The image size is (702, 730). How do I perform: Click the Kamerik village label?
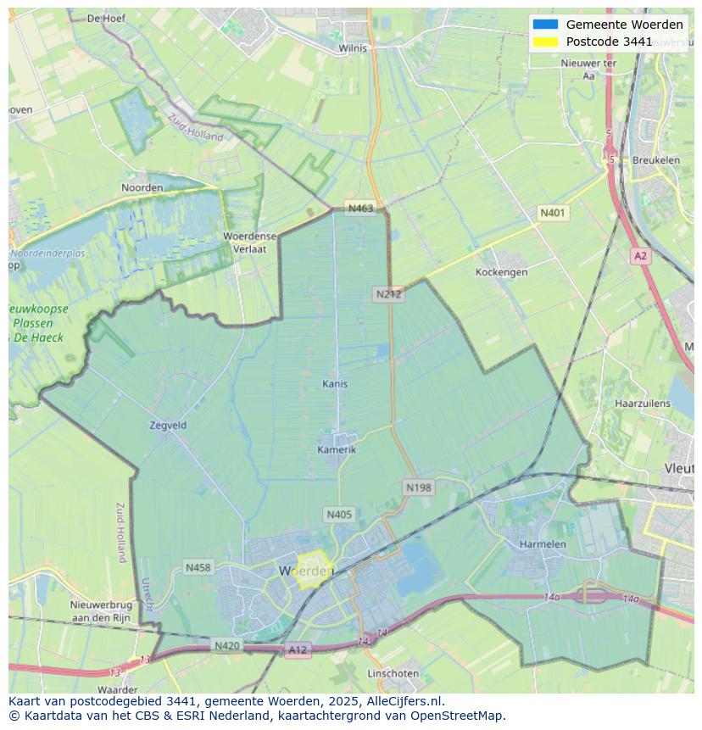click(x=337, y=449)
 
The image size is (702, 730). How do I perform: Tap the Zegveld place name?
click(x=167, y=425)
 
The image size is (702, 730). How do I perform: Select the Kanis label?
click(x=335, y=384)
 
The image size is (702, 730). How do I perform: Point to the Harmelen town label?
click(x=543, y=543)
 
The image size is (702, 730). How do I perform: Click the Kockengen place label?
click(x=501, y=272)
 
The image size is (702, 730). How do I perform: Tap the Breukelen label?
click(x=655, y=159)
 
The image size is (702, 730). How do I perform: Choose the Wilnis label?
click(x=353, y=48)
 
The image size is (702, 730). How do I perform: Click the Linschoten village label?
click(x=393, y=673)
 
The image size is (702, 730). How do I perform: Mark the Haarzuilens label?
click(x=642, y=404)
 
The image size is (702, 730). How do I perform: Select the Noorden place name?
click(x=142, y=187)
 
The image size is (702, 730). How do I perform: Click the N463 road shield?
click(x=360, y=209)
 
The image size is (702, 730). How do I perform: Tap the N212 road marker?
click(x=388, y=294)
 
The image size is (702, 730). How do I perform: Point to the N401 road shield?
click(x=553, y=213)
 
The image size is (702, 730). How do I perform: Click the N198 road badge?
click(x=418, y=488)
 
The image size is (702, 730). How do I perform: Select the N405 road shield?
click(x=338, y=515)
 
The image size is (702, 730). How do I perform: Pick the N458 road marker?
click(x=198, y=567)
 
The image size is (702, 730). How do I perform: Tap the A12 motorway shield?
click(x=298, y=649)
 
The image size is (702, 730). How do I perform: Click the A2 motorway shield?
click(x=640, y=255)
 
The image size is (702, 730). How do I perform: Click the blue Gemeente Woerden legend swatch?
click(x=546, y=25)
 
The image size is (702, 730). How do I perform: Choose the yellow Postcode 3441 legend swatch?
click(x=546, y=42)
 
